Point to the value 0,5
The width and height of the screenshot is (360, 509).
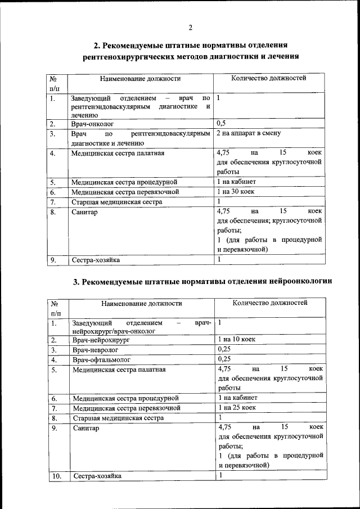pos(222,123)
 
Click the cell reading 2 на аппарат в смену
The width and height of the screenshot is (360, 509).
pos(248,133)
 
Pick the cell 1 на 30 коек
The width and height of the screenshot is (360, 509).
pos(236,192)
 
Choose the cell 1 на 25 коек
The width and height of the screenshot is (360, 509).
pos(237,407)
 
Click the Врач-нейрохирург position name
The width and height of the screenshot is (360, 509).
pos(101,340)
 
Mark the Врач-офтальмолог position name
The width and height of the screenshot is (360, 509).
pos(101,359)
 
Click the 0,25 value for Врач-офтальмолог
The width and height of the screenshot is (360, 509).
pos(224,359)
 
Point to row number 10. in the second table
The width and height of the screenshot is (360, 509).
pos(56,476)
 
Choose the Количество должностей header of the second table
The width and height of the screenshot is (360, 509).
pos(270,303)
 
